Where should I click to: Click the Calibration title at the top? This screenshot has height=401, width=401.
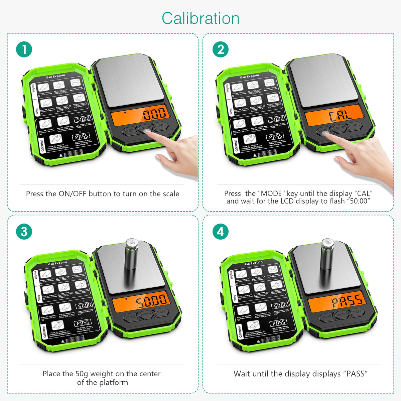pos(200,18)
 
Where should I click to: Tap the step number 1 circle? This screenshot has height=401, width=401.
pos(24,49)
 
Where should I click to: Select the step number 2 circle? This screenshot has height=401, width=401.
pos(221,49)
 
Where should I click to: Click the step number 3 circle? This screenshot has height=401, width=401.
pos(24,232)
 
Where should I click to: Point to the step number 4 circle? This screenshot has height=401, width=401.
pos(221,232)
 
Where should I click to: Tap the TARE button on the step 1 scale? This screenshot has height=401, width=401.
pos(161,126)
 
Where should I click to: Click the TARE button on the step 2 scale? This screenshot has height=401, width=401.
pos(355,126)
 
